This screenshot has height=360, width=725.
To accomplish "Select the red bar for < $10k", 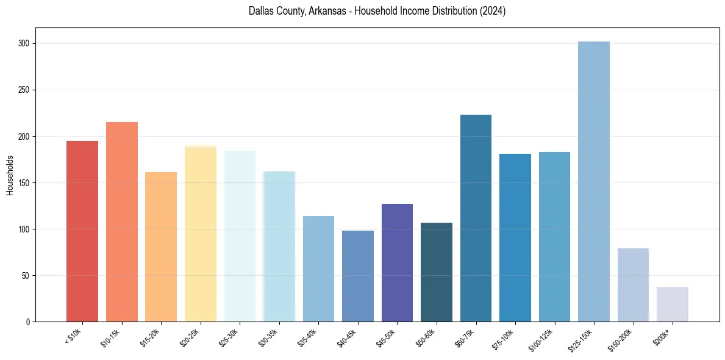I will (82, 231).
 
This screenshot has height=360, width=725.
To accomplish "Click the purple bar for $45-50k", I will (397, 262).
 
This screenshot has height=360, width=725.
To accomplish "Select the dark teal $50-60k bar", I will (437, 272).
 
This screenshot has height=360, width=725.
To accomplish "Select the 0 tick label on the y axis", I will (28, 322).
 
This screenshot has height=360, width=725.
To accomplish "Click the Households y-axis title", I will (10, 175).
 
